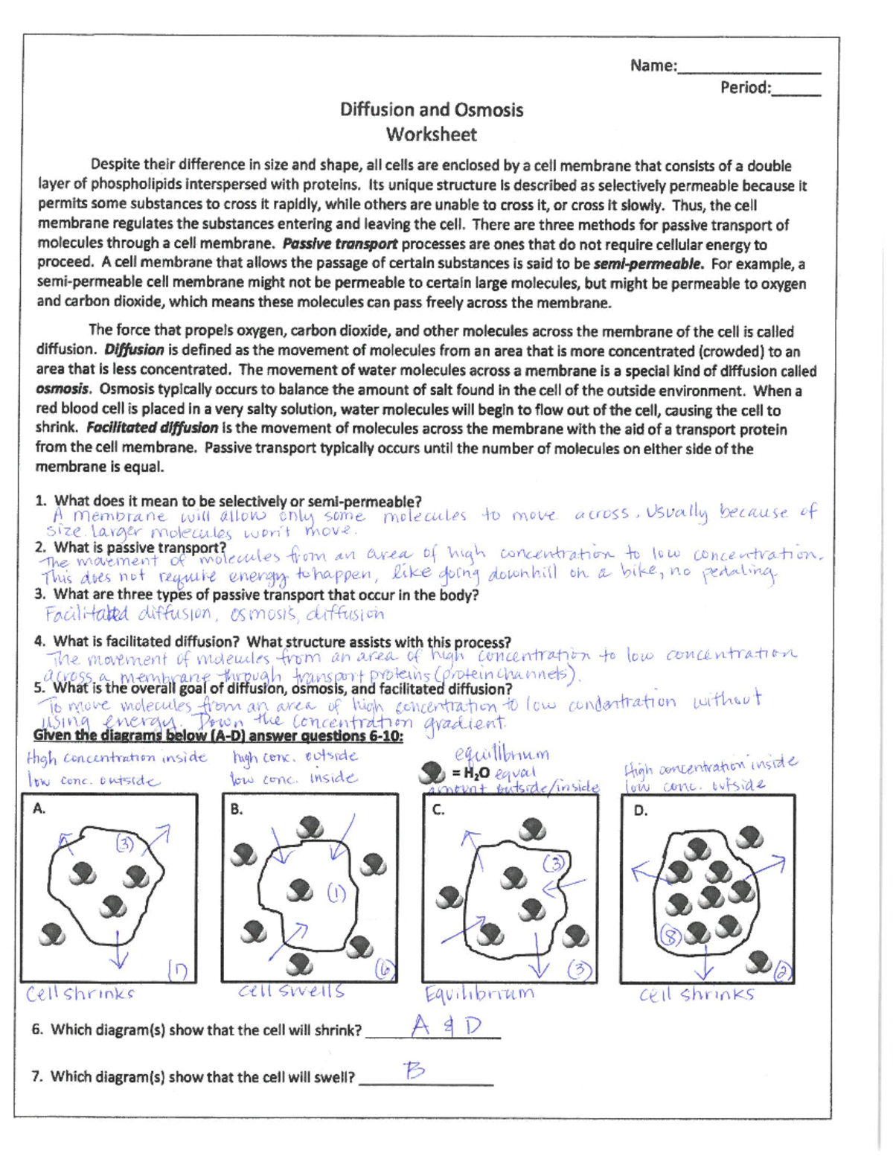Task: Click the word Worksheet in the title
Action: click(x=431, y=135)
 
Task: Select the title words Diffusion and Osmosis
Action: click(x=431, y=110)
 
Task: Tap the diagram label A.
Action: click(x=39, y=808)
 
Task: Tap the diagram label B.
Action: click(x=237, y=809)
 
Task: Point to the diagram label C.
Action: click(x=438, y=809)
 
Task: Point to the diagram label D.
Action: click(x=640, y=811)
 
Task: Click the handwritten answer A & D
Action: click(x=446, y=1027)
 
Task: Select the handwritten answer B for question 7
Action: click(x=414, y=1071)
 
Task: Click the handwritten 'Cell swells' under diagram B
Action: click(x=291, y=991)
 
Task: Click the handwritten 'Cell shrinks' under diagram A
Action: click(x=80, y=994)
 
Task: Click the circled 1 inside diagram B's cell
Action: click(x=336, y=892)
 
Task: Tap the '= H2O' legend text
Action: click(x=470, y=773)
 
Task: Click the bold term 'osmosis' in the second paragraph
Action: click(x=63, y=389)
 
